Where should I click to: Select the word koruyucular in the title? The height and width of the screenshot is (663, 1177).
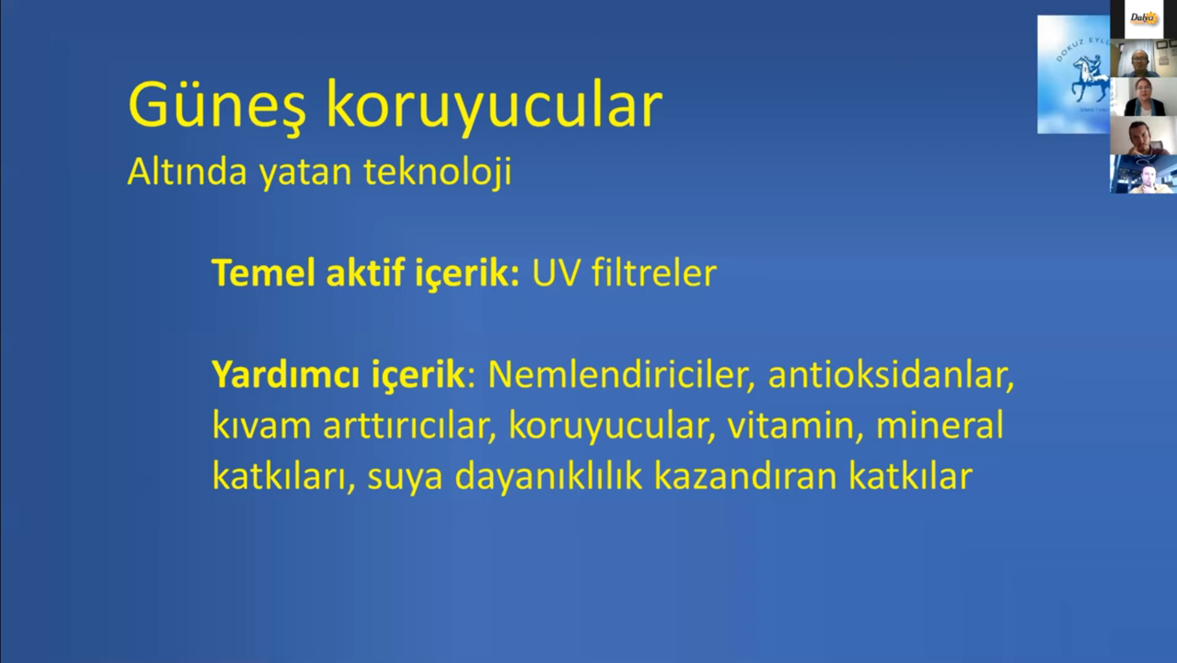[x=494, y=106]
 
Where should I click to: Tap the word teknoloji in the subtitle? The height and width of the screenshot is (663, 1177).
[x=438, y=171]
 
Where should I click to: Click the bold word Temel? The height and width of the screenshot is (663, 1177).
[x=264, y=273]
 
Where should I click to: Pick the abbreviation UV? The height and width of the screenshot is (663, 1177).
[x=556, y=273]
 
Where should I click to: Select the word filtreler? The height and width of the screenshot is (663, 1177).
[x=654, y=273]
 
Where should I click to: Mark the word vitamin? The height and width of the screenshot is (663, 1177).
[x=795, y=425]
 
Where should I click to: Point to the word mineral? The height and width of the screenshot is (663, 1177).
[x=940, y=425]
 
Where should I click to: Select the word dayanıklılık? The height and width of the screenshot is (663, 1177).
[x=548, y=476]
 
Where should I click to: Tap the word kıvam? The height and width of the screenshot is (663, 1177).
[x=262, y=425]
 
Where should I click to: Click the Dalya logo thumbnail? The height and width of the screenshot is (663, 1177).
[x=1143, y=19]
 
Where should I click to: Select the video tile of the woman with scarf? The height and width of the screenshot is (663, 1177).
[x=1143, y=97]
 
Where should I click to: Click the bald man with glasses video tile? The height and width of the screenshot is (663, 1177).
[x=1143, y=58]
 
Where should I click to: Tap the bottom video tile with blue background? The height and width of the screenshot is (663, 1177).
[x=1143, y=174]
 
